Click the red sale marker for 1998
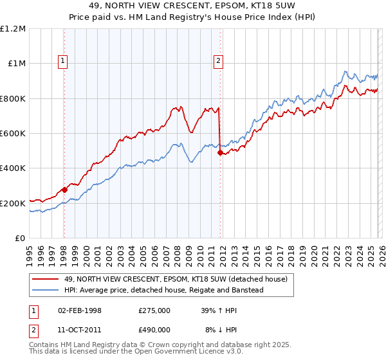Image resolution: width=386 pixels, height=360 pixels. coord(64,190)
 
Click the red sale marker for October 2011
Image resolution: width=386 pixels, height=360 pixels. coord(220,153)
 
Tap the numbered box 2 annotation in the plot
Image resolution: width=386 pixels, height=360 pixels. coord(219,61)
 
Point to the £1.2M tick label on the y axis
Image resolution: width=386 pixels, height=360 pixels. coord(13,29)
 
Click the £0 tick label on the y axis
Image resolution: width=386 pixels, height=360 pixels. coord(21,239)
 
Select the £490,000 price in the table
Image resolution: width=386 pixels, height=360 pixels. coord(154,329)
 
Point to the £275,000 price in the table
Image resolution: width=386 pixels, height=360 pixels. coord(154,310)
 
